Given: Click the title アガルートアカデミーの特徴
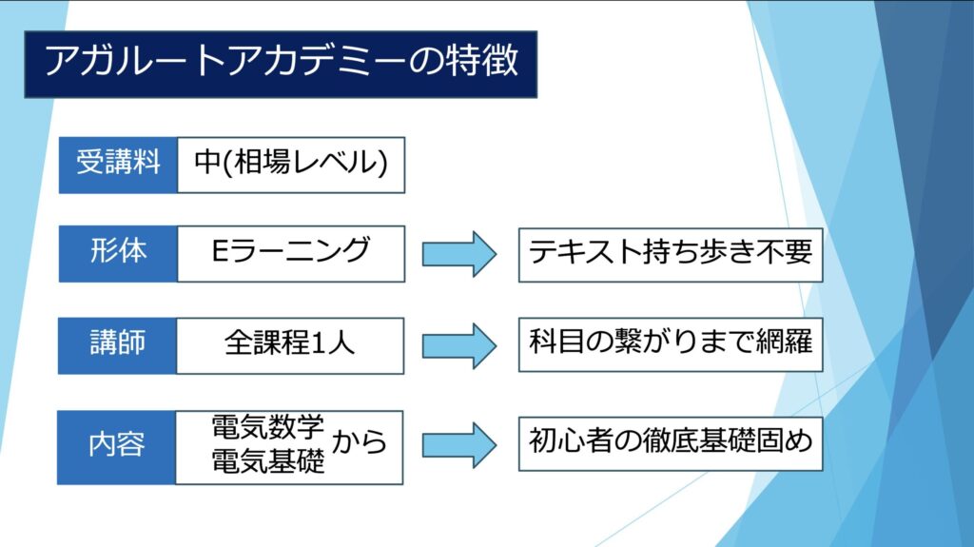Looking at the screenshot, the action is tap(281, 64).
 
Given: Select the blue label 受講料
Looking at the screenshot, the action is tap(118, 165).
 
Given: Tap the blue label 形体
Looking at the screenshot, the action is tap(118, 254).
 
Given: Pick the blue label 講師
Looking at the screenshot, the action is tap(117, 345).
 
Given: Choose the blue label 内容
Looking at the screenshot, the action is tap(117, 447).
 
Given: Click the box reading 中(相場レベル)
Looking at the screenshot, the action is tap(291, 165).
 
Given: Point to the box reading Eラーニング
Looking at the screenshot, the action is tap(291, 254).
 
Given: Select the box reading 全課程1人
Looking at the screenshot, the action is tap(290, 345).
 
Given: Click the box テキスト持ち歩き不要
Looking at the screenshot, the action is tap(671, 255).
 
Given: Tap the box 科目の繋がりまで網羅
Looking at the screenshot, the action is tap(671, 344).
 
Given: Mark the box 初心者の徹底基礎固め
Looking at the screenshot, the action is tap(671, 443).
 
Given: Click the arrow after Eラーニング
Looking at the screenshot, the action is tap(459, 254).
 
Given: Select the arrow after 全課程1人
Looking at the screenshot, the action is tap(459, 345).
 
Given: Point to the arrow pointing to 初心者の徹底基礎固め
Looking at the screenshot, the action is tap(459, 445).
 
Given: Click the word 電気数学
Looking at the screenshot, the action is tap(267, 427).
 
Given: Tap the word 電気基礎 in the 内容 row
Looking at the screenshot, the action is tap(267, 461).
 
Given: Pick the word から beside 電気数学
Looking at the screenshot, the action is tap(359, 442).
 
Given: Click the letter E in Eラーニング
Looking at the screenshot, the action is tap(221, 250).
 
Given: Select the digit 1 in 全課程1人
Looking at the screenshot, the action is tap(317, 343).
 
